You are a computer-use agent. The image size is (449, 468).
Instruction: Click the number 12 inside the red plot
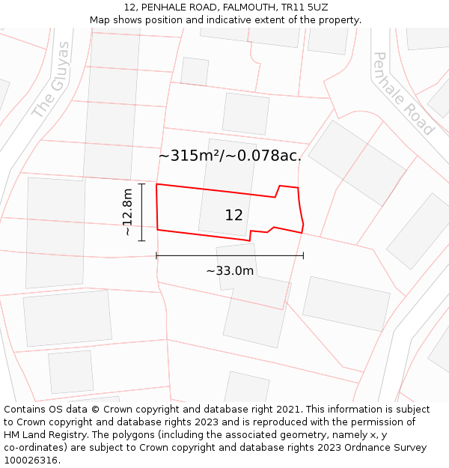tap(233, 216)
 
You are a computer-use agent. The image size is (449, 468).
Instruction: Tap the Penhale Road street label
tap(403, 94)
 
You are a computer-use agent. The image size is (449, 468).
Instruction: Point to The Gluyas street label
tap(52, 79)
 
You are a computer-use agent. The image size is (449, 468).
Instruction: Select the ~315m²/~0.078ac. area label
tap(230, 156)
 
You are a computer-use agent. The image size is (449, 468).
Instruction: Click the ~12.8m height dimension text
tap(128, 213)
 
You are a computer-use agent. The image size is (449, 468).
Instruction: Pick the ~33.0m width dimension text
tap(230, 271)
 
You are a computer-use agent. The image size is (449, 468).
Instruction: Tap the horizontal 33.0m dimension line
tap(230, 256)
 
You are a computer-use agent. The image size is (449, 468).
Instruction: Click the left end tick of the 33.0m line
tap(156, 256)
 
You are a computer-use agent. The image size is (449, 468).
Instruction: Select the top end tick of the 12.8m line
tap(141, 184)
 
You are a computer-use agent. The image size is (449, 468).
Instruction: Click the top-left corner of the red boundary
tap(156, 184)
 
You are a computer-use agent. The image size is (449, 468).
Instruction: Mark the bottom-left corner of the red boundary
tap(158, 230)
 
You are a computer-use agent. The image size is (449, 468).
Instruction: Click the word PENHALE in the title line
tap(162, 7)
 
